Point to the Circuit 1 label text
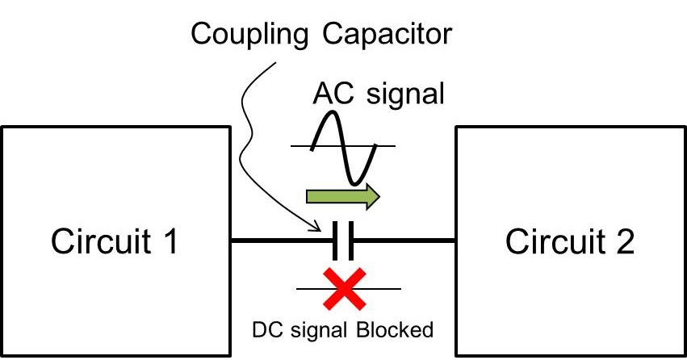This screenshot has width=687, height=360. pyautogui.click(x=115, y=241)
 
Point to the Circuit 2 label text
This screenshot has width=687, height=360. pyautogui.click(x=570, y=241)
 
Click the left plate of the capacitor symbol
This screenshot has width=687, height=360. pyautogui.click(x=334, y=241)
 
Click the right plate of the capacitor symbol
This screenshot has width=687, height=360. pyautogui.click(x=350, y=241)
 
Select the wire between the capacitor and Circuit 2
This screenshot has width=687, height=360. pyautogui.click(x=404, y=241)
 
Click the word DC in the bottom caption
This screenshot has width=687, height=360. pyautogui.click(x=263, y=329)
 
